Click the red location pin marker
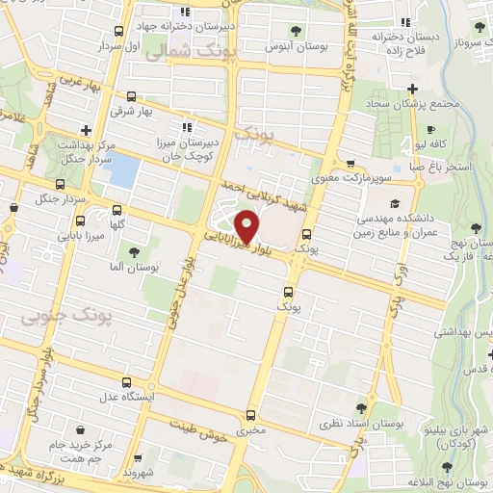[248, 227]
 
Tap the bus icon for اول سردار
[118, 32]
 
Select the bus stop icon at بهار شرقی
[131, 97]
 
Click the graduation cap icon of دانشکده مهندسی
[395, 204]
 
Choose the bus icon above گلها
[117, 209]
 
